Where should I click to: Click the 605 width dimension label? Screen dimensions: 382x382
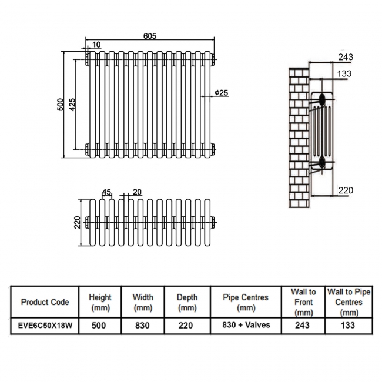150,36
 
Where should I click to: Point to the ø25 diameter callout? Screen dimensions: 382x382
221,93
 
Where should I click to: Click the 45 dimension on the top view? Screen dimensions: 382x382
106,192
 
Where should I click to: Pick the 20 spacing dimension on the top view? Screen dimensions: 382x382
137,192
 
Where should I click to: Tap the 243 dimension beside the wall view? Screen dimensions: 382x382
346,56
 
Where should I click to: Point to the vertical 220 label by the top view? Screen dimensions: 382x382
77,222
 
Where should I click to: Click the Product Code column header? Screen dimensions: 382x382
45,302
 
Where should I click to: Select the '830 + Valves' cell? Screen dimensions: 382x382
246,325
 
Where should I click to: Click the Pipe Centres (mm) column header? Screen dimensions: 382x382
246,302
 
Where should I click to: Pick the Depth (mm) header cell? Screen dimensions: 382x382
187,302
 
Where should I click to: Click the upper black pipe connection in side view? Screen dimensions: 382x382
322,99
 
